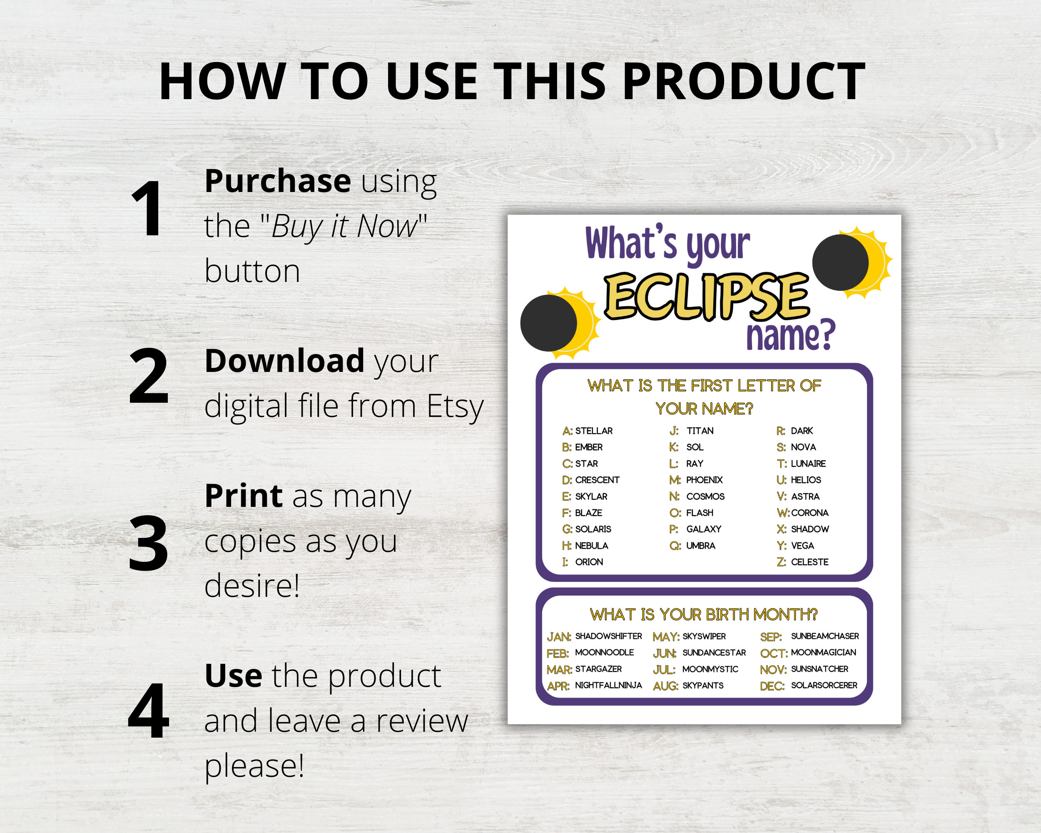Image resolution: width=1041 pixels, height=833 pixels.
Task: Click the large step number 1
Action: [147, 209]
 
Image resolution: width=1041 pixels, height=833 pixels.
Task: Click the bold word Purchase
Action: [278, 181]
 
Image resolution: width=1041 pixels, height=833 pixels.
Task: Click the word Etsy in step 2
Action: [455, 406]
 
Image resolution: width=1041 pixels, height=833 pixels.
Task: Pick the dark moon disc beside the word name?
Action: [840, 263]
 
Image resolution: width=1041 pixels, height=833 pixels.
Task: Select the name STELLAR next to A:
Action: [593, 431]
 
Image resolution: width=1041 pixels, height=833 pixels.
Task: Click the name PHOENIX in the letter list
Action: [704, 480]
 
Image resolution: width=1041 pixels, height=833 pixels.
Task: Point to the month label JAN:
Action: [559, 637]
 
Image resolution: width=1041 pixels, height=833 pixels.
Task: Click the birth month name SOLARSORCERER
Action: [824, 685]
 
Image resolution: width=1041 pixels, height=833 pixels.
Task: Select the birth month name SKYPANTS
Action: [702, 686]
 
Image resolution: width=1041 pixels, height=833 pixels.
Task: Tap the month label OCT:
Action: [774, 653]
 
